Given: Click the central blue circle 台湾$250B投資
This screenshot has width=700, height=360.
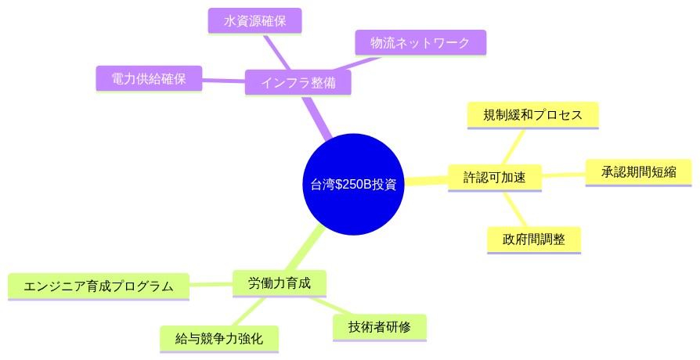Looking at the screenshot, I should tap(353, 185).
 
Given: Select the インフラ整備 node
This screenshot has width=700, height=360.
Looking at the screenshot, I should tap(298, 82).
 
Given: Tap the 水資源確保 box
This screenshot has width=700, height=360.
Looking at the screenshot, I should tap(256, 20).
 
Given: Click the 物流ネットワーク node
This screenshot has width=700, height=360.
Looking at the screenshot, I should tap(420, 42).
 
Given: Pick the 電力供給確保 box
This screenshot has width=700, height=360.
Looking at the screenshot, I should tap(148, 78).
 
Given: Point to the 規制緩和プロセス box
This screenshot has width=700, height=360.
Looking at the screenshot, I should tap(532, 115).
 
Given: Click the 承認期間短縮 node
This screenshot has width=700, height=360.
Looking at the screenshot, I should tap(639, 171).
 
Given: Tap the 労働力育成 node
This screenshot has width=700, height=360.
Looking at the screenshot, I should tap(280, 283).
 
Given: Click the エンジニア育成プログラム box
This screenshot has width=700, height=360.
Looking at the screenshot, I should tap(99, 286).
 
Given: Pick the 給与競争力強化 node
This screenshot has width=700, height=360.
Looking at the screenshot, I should tap(218, 339).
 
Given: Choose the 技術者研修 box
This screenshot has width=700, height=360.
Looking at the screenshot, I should tap(380, 326).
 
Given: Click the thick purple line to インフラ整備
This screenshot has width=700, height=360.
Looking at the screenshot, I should tap(318, 117).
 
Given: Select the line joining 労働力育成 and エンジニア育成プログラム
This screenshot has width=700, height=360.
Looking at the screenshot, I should tap(211, 284).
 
